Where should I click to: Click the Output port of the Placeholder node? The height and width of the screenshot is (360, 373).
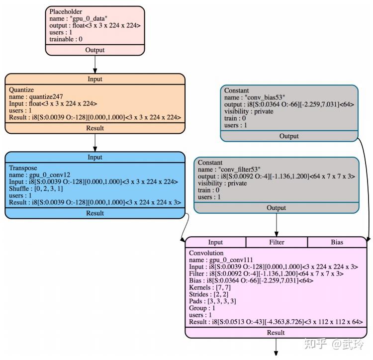94,50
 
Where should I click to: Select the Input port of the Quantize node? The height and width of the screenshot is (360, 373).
94,79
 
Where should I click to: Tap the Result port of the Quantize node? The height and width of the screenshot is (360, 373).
94,128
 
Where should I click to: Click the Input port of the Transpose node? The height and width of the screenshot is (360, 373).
94,157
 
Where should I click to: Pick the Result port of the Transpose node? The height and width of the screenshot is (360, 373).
94,213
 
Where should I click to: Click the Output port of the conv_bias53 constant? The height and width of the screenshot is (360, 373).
289,136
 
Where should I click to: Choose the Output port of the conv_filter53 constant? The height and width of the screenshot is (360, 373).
276,208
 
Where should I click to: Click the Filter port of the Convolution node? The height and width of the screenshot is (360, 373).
277,242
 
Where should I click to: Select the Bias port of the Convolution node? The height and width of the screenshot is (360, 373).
337,242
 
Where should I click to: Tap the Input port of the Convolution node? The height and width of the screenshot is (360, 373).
215,242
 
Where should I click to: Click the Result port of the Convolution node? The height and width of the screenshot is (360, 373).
276,332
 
